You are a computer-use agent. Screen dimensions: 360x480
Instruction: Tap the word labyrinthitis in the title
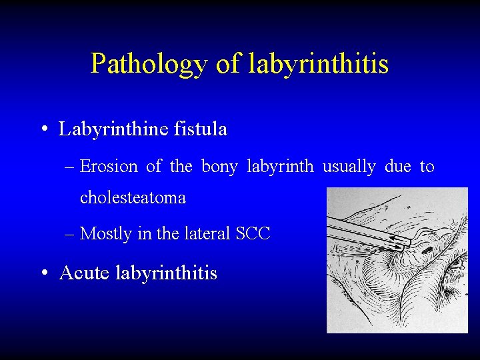pyautogui.click(x=319, y=64)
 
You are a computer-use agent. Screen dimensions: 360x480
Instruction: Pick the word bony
pyautogui.click(x=219, y=166)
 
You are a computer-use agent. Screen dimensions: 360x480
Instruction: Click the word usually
pyautogui.click(x=349, y=166)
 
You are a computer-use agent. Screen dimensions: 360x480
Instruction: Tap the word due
pyautogui.click(x=397, y=166)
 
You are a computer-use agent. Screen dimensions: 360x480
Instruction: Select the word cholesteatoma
pyautogui.click(x=133, y=197)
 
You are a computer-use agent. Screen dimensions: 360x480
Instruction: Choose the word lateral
pyautogui.click(x=204, y=234)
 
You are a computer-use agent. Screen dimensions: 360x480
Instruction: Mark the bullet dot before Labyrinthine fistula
pyautogui.click(x=43, y=129)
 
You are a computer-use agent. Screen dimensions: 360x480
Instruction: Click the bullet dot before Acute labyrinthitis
pyautogui.click(x=43, y=273)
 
